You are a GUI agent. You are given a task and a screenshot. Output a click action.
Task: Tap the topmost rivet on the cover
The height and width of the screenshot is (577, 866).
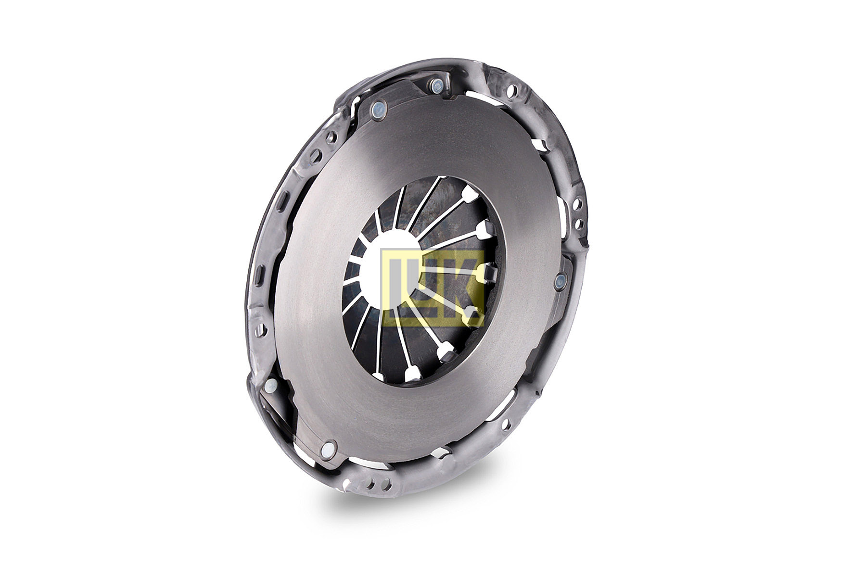tap(437, 86)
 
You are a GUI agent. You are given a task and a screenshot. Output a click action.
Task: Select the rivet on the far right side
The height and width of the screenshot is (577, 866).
tap(560, 282)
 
